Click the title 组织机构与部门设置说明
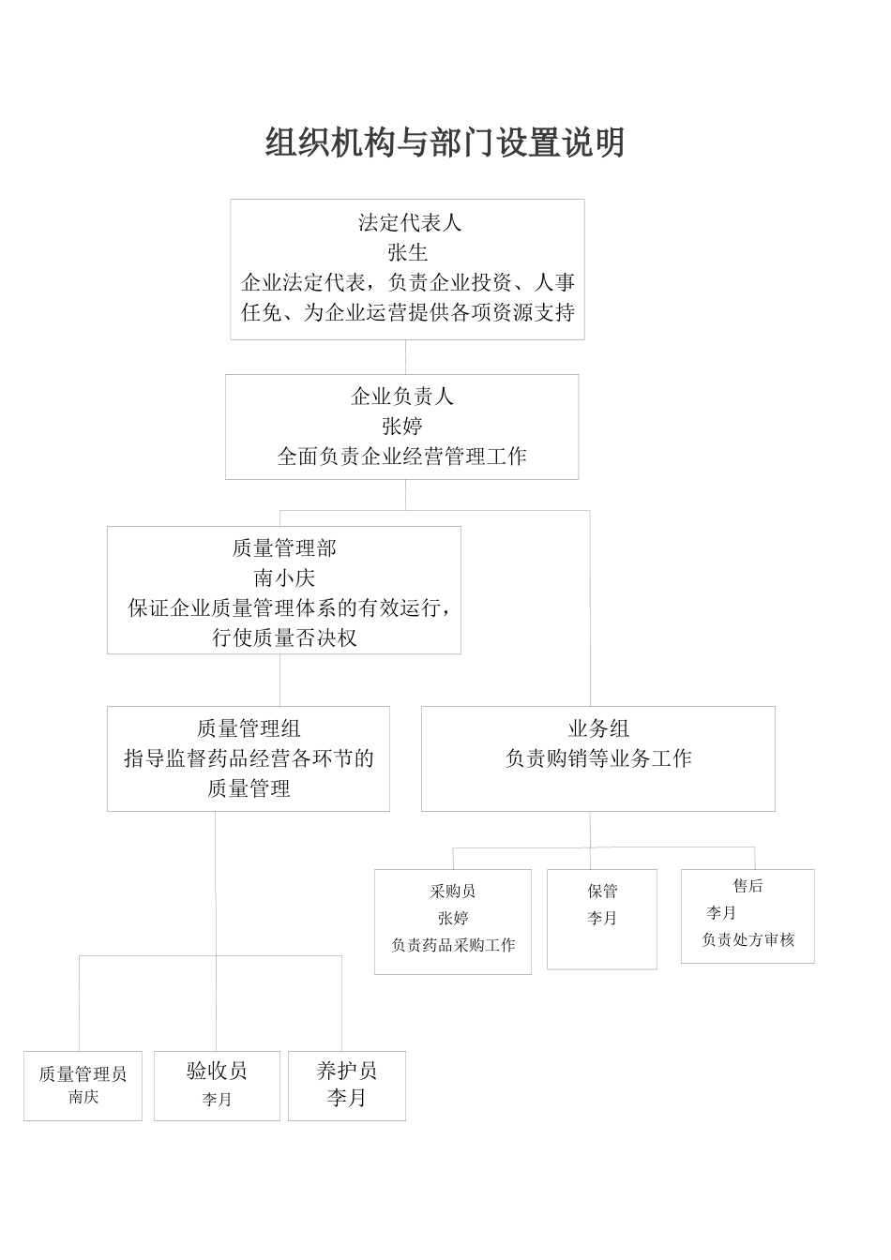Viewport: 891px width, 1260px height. point(445,143)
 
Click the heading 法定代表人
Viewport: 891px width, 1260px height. point(409,223)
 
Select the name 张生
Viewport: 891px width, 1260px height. point(407,252)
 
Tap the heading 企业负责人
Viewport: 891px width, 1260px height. point(401,397)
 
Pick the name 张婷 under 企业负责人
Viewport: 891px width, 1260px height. point(401,427)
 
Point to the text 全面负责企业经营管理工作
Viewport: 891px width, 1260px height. point(401,457)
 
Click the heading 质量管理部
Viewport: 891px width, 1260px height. point(283,548)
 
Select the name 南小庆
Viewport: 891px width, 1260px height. point(283,578)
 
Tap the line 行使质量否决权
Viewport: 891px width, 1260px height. point(283,638)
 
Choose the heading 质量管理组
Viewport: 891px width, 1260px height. point(249,728)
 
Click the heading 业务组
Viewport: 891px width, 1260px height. point(597,728)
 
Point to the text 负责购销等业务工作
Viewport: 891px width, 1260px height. point(597,758)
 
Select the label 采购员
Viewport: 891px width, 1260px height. point(452,892)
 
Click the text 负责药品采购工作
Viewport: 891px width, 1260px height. point(452,946)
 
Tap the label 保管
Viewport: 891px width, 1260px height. point(602,892)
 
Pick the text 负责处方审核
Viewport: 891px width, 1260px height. point(748,940)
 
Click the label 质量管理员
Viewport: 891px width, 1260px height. point(83,1074)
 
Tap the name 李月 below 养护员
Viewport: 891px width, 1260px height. point(346,1099)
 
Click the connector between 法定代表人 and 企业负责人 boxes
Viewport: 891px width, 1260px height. point(406,357)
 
